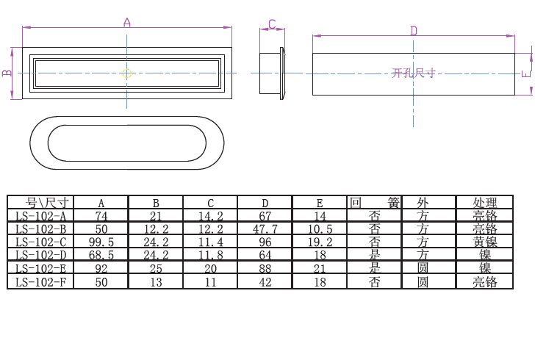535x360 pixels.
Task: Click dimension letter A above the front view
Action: (126, 23)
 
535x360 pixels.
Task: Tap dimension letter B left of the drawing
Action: (7, 73)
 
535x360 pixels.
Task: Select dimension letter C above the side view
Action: (271, 24)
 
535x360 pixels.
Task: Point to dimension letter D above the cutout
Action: (414, 30)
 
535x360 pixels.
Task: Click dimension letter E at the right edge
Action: (525, 73)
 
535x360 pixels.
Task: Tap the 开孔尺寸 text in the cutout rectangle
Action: (414, 73)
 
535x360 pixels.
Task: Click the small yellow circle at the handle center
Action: (126, 73)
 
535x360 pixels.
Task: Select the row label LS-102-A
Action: (41, 216)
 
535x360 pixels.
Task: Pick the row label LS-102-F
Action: (41, 282)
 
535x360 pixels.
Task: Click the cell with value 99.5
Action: (101, 242)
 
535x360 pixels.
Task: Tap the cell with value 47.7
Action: (265, 229)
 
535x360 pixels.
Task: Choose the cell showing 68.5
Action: (101, 256)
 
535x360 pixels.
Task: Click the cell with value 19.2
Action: (320, 242)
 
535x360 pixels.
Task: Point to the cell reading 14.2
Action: (211, 216)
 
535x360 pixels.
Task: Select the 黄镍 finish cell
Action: (485, 242)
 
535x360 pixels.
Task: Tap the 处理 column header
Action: (485, 203)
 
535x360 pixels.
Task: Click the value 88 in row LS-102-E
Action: (265, 269)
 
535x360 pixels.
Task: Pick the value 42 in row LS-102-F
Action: (265, 282)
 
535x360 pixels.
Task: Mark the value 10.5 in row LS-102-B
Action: (320, 229)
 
